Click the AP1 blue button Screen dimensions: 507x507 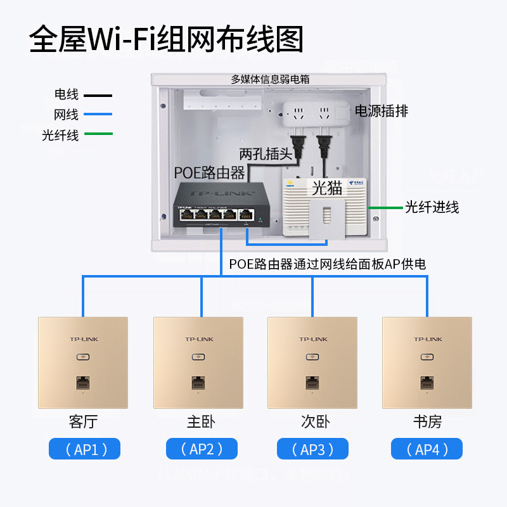click(x=84, y=449)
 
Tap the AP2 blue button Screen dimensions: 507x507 click(x=202, y=449)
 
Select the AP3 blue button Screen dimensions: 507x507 click(x=313, y=449)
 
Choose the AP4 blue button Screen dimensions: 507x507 click(x=427, y=449)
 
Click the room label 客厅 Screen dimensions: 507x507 click(x=84, y=421)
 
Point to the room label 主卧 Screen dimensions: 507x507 click(x=202, y=421)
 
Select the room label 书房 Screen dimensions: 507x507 click(x=427, y=421)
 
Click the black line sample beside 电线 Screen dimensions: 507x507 click(x=96, y=96)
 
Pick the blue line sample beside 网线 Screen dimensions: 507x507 click(x=96, y=115)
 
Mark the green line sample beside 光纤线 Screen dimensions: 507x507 click(x=96, y=134)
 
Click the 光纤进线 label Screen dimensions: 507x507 click(x=432, y=207)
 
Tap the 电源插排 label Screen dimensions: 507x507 click(x=382, y=112)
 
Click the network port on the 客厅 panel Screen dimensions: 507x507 click(x=82, y=383)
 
